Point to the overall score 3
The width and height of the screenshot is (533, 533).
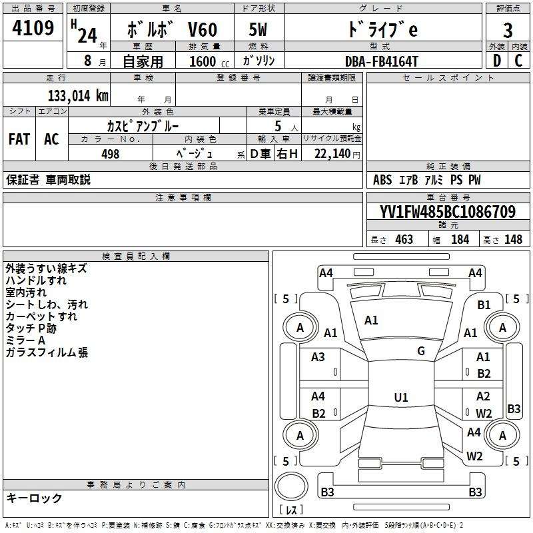508,31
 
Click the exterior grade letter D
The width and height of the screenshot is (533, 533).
496,61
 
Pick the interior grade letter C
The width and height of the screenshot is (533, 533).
519,61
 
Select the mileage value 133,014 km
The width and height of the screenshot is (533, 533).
78,95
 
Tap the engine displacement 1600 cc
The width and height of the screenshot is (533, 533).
203,61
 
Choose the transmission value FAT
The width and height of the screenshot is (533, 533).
19,139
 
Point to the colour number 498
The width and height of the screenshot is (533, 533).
110,154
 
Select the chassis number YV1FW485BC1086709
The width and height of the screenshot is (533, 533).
447,212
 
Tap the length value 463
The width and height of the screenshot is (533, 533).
404,239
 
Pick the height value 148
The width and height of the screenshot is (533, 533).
513,239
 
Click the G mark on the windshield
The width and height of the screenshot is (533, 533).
421,350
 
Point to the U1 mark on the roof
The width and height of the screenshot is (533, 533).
400,397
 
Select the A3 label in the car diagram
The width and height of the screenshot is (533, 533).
318,357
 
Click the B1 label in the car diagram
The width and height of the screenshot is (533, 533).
484,304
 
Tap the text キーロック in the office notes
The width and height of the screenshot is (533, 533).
34,498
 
